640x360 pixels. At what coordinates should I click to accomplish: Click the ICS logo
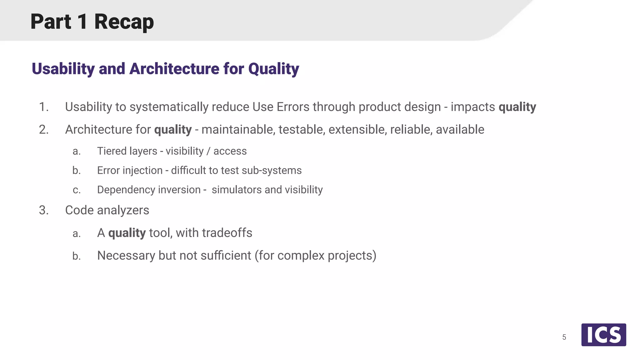tap(603, 335)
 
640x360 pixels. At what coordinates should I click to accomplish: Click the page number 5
tap(564, 337)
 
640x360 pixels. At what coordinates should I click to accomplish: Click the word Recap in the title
tap(124, 22)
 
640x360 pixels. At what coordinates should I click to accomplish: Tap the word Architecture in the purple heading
tap(174, 69)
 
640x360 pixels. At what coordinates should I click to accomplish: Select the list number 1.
tap(43, 107)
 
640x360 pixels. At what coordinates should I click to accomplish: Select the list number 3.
tap(43, 210)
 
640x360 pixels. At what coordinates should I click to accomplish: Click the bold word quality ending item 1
tap(517, 107)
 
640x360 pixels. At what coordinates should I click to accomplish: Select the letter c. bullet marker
tap(77, 190)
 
